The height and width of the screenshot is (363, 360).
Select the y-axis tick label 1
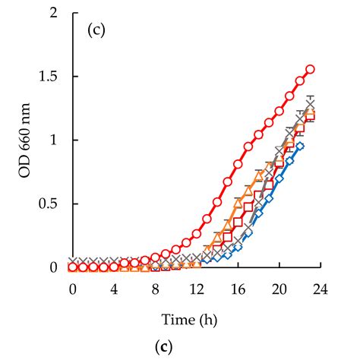click(x=52, y=140)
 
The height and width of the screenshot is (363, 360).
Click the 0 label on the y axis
click(x=52, y=267)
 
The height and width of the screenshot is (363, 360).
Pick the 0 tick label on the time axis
click(x=72, y=289)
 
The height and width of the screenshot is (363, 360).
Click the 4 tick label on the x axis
click(x=114, y=289)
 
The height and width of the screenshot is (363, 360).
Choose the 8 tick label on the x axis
click(x=155, y=289)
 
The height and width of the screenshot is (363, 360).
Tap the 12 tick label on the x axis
click(x=196, y=289)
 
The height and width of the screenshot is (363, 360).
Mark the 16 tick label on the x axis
click(x=238, y=289)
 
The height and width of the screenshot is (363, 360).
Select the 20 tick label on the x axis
click(x=279, y=289)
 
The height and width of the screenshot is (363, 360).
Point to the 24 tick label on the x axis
click(x=321, y=289)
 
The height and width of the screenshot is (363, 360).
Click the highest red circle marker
click(x=310, y=70)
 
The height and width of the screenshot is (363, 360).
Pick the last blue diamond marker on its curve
click(x=300, y=146)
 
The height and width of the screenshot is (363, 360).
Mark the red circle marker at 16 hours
click(x=238, y=164)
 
